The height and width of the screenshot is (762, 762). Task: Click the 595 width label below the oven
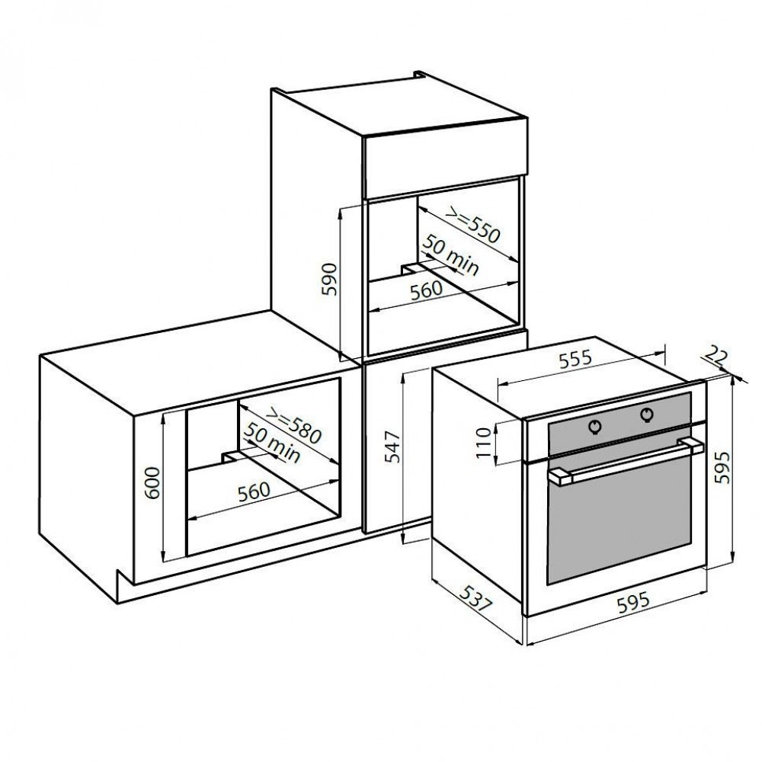[x=632, y=602]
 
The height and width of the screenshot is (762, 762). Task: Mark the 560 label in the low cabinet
[x=254, y=491]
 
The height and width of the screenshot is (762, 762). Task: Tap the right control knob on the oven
[x=648, y=414]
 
